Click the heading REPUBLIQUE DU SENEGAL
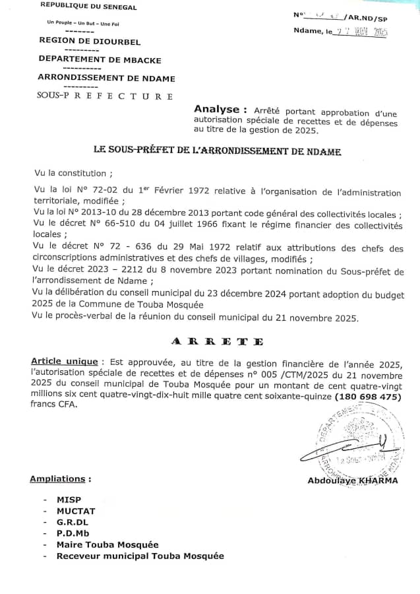(x=88, y=7)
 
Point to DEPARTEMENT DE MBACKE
(x=100, y=59)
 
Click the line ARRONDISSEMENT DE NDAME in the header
(x=107, y=79)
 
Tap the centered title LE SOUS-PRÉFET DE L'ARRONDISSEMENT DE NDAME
(x=218, y=151)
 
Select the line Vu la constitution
(x=73, y=174)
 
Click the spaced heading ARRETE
(x=217, y=341)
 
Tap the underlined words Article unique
(x=64, y=362)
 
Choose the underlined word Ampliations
(x=60, y=478)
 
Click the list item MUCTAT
(x=76, y=511)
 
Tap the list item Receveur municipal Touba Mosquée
(x=140, y=556)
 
